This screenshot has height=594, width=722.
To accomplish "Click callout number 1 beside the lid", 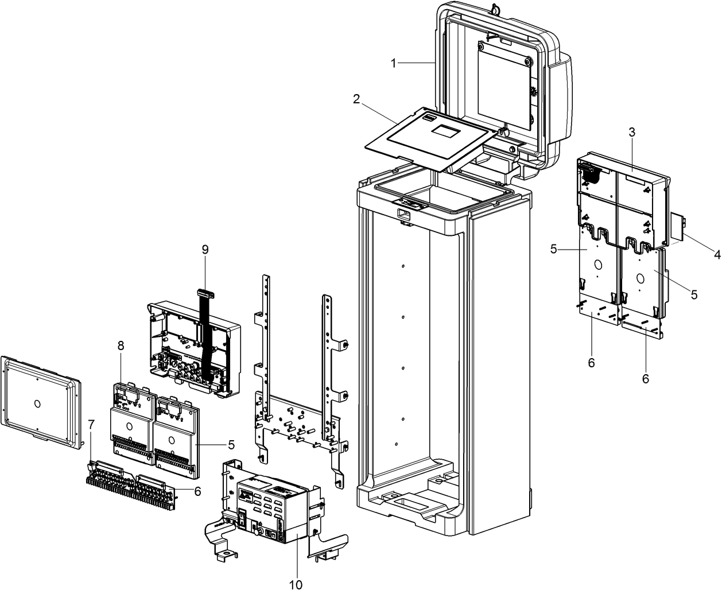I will click(394, 63).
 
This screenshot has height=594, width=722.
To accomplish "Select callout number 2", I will click(356, 99).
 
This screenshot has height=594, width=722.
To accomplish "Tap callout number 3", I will click(631, 132).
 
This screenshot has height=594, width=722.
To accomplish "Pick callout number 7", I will click(91, 424).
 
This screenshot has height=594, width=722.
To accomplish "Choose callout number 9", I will click(205, 249).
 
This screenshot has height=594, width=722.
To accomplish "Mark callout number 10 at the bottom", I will click(295, 584).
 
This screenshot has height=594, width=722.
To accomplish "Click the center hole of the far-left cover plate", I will click(38, 402).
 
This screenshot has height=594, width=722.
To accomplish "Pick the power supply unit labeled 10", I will click(270, 505).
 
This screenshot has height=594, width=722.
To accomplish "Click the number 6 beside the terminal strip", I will click(197, 491).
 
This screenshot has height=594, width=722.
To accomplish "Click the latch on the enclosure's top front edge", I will click(406, 204).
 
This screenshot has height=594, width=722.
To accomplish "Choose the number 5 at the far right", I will click(694, 294).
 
